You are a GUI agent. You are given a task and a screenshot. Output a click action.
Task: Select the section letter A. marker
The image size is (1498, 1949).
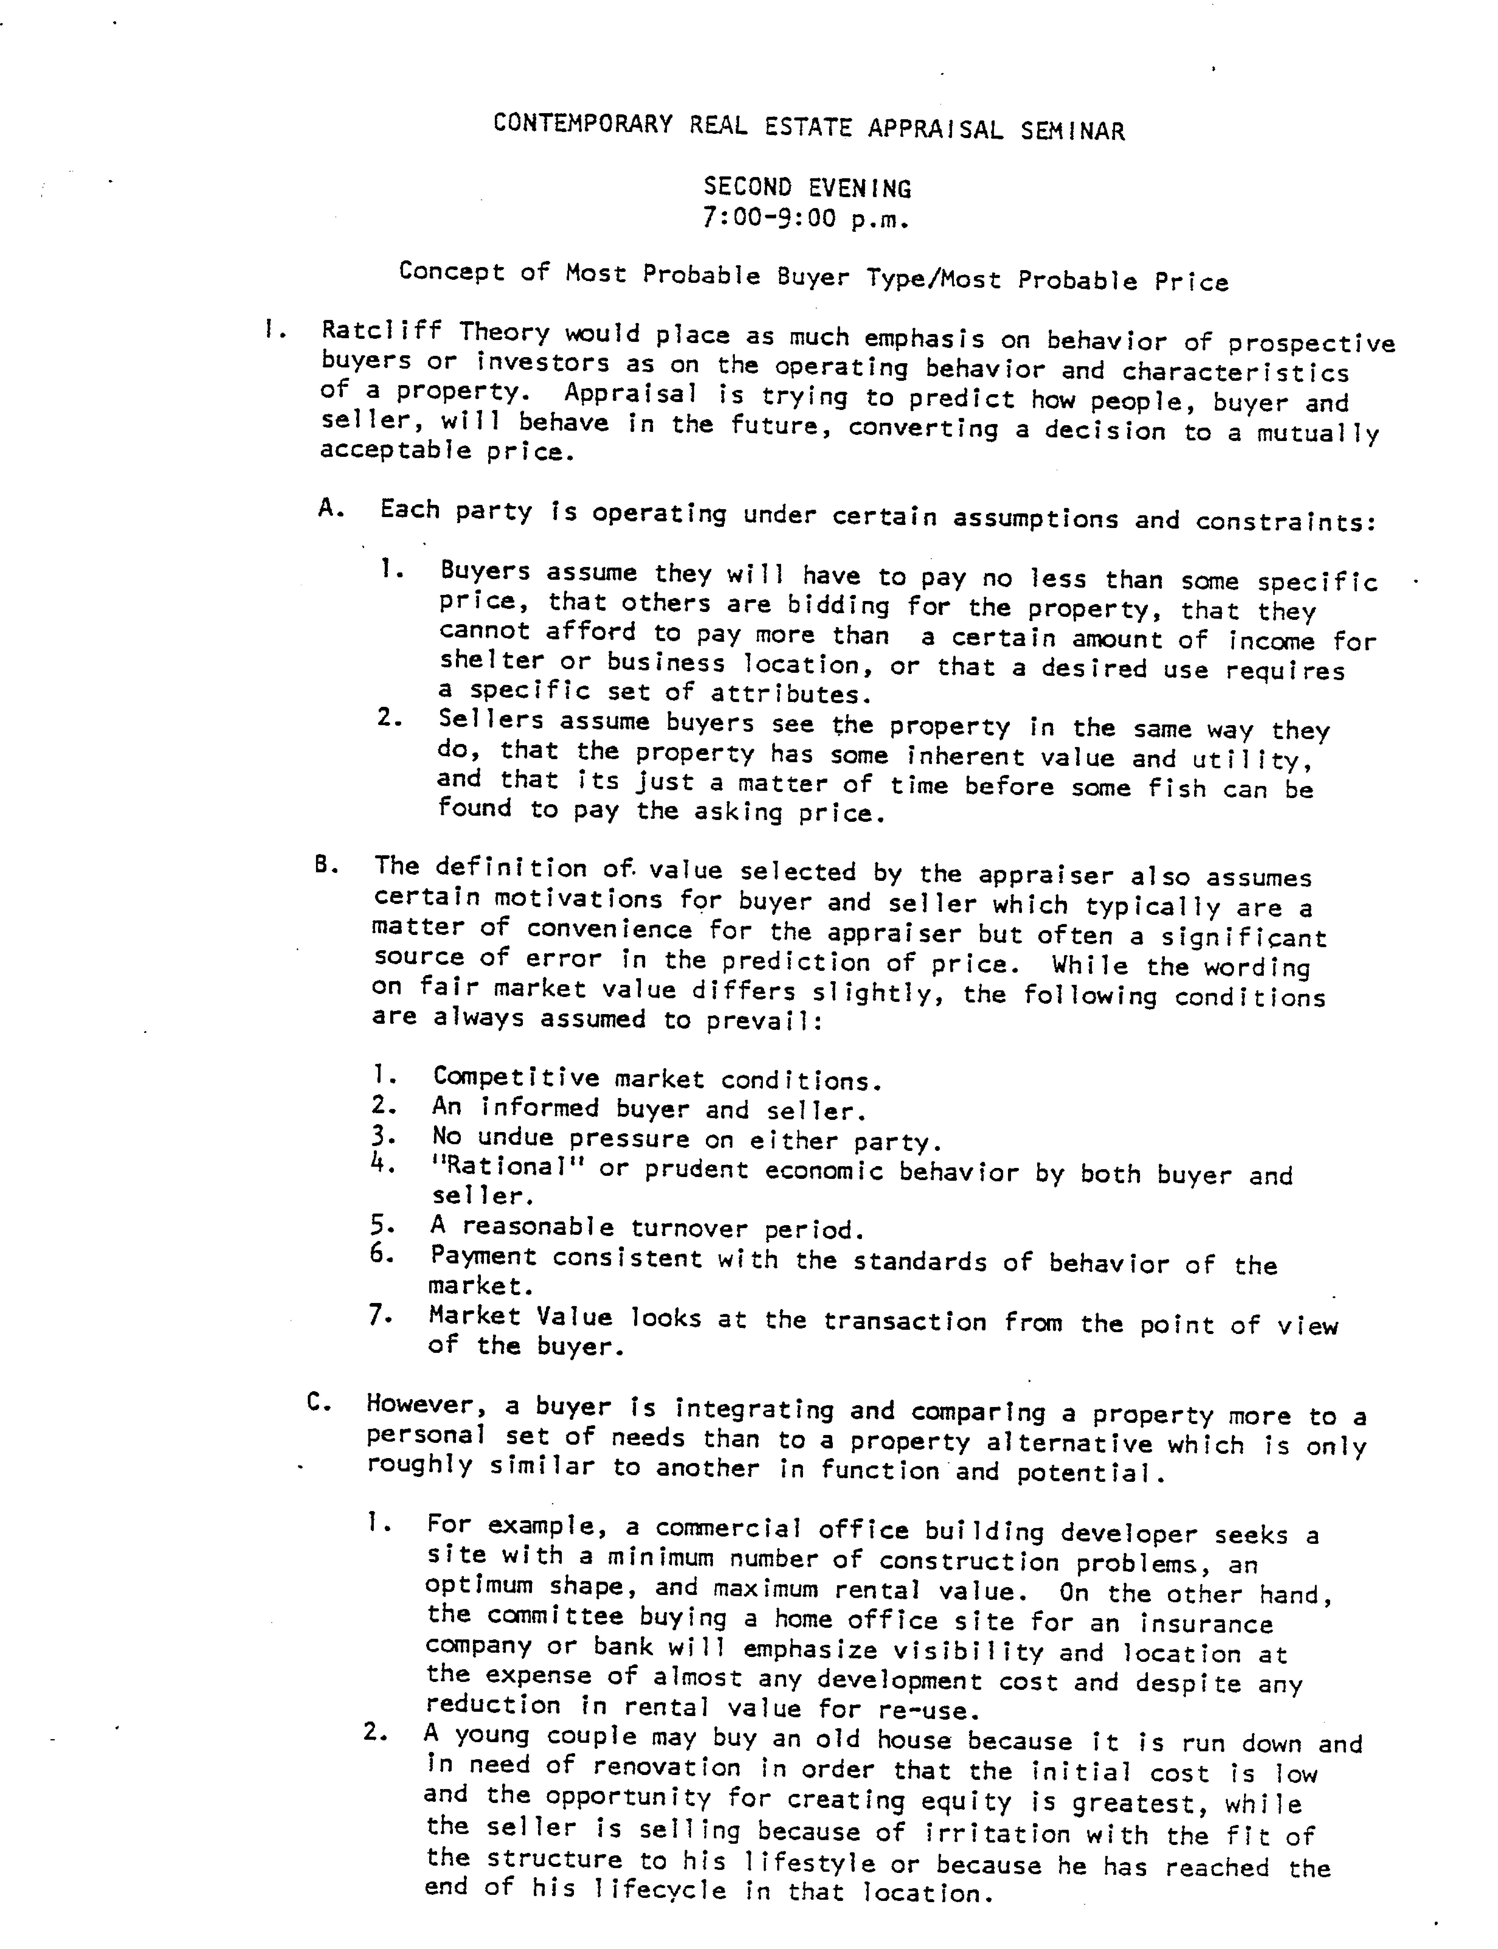pos(331,509)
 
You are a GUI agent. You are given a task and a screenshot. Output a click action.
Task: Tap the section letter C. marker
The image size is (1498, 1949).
pos(319,1402)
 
